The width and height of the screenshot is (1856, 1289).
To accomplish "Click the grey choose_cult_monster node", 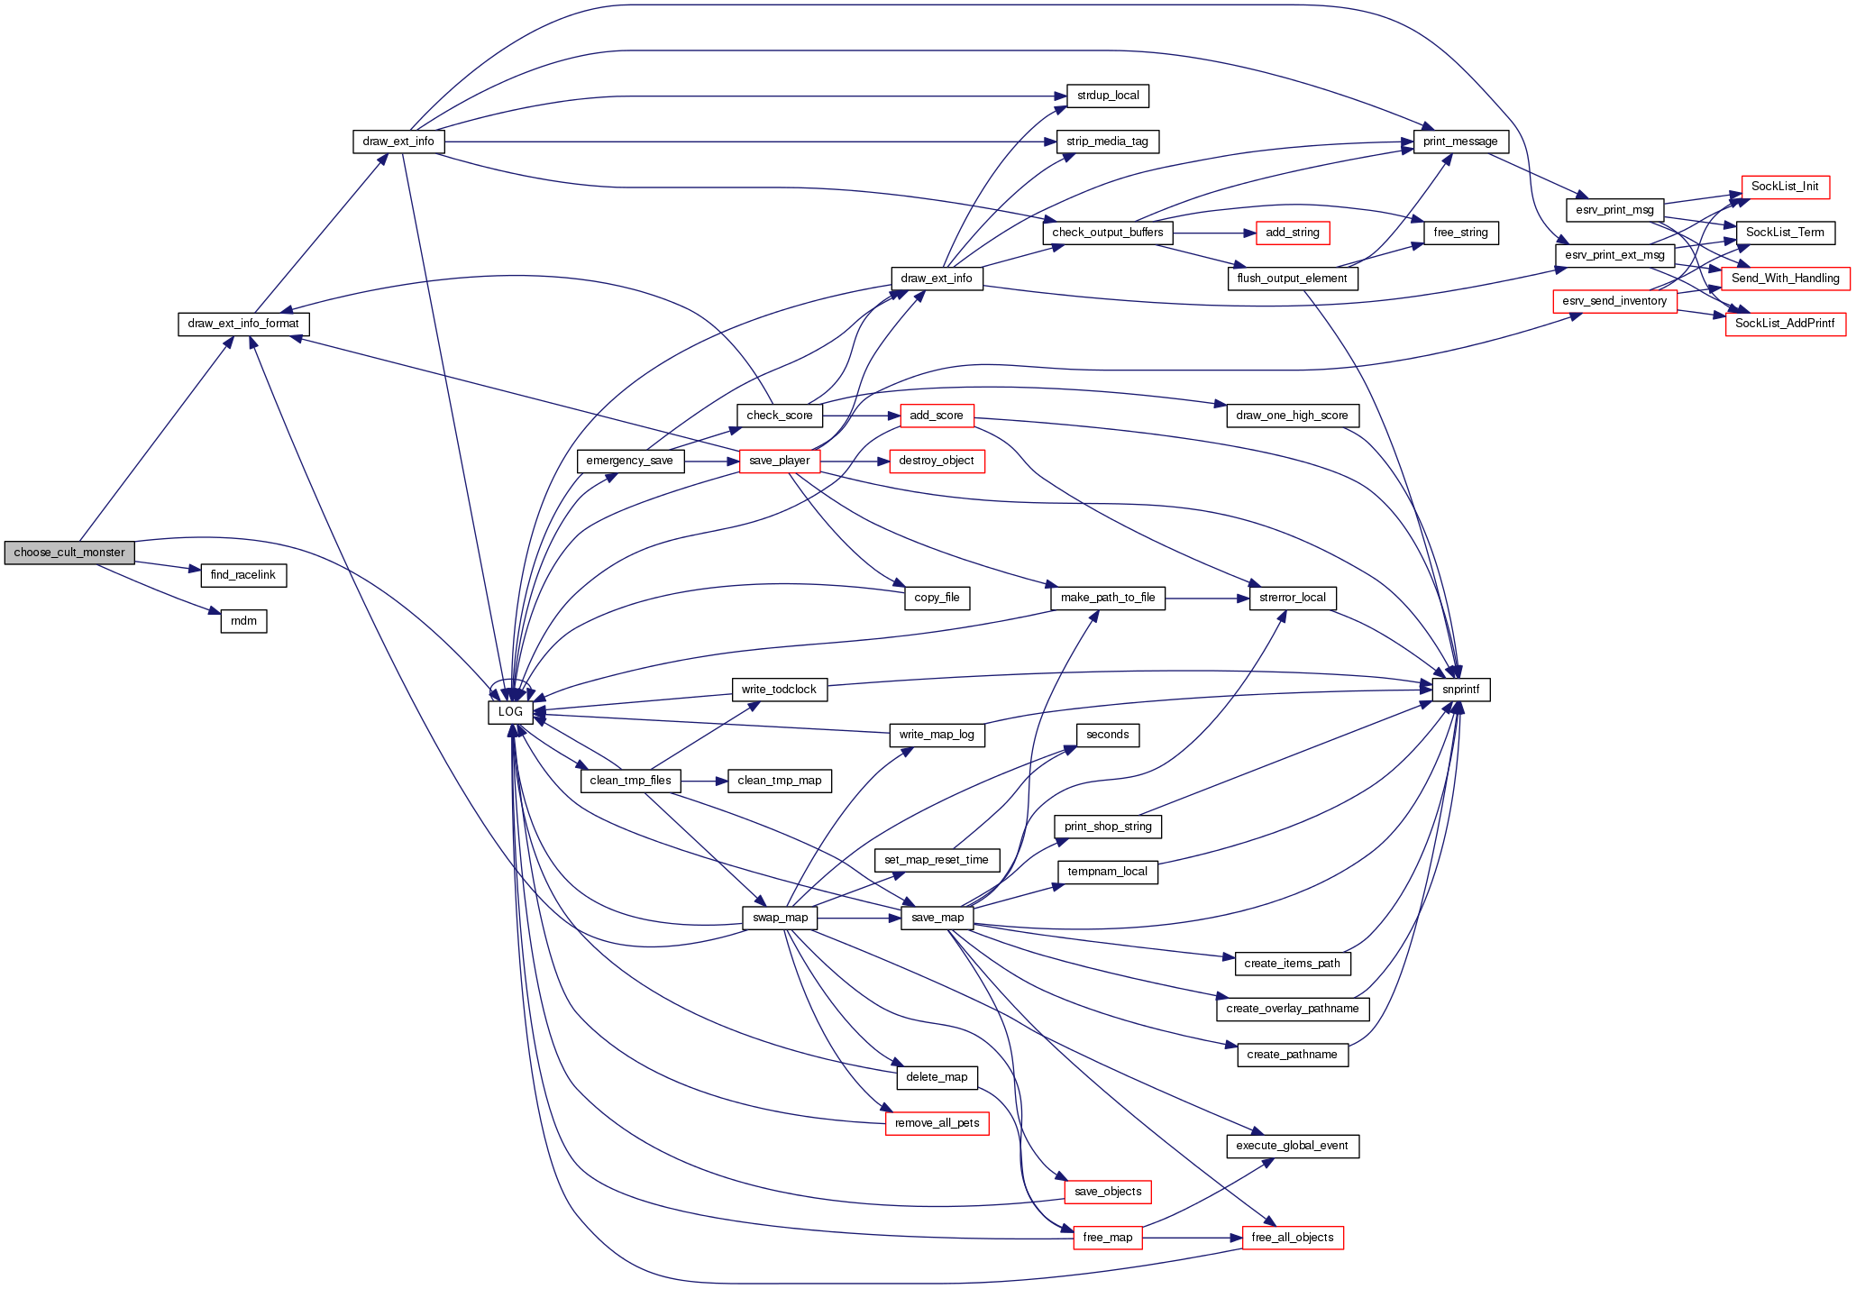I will pos(69,553).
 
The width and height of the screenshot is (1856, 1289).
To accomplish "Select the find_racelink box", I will pos(243,575).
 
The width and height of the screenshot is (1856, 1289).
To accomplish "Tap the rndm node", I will pos(243,621).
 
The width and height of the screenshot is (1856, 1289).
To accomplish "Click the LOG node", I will pos(510,712).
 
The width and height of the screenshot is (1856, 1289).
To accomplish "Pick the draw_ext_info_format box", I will pos(243,324).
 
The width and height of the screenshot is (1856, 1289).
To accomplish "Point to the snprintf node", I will pos(1460,690).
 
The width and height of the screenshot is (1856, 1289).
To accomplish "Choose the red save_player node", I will pos(779,461).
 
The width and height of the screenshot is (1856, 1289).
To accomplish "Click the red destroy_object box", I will pos(937,461).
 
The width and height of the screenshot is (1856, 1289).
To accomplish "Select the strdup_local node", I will pos(1108,96).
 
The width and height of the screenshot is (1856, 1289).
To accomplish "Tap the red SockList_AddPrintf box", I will pos(1785,324).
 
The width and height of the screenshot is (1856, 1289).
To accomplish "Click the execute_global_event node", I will pos(1292,1146).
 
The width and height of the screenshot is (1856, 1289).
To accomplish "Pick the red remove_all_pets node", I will pos(937,1123).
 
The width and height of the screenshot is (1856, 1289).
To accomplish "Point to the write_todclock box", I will pos(779,690).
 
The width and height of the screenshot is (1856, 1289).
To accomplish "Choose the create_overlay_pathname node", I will pos(1292,1009).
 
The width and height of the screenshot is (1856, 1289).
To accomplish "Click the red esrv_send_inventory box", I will pos(1614,301).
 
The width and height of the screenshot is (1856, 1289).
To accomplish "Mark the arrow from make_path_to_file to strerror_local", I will pos(1207,598).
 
